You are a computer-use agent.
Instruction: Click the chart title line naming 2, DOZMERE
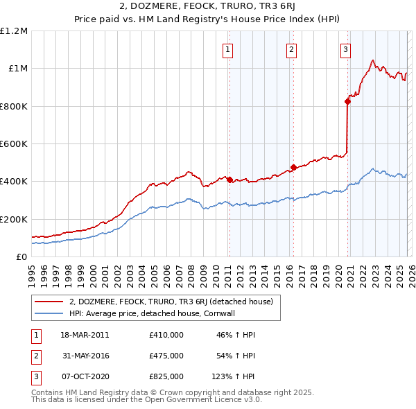pyautogui.click(x=207, y=8)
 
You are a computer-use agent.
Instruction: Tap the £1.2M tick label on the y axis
pyautogui.click(x=14, y=31)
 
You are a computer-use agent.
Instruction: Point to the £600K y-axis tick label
pyautogui.click(x=14, y=144)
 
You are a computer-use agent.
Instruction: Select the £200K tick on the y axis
pyautogui.click(x=14, y=219)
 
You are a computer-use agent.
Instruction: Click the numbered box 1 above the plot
pyautogui.click(x=228, y=49)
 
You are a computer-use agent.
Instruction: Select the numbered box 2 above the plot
pyautogui.click(x=291, y=49)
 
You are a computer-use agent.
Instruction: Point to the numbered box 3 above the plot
pyautogui.click(x=345, y=49)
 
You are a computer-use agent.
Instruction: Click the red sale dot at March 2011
pyautogui.click(x=229, y=180)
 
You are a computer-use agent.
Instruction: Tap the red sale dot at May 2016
pyautogui.click(x=293, y=167)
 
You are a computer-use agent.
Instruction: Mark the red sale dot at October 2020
pyautogui.click(x=347, y=101)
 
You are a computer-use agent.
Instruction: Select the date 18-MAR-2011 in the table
pyautogui.click(x=85, y=335)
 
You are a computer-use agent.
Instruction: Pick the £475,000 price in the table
pyautogui.click(x=166, y=356)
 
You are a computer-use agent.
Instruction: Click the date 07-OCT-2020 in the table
pyautogui.click(x=85, y=376)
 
